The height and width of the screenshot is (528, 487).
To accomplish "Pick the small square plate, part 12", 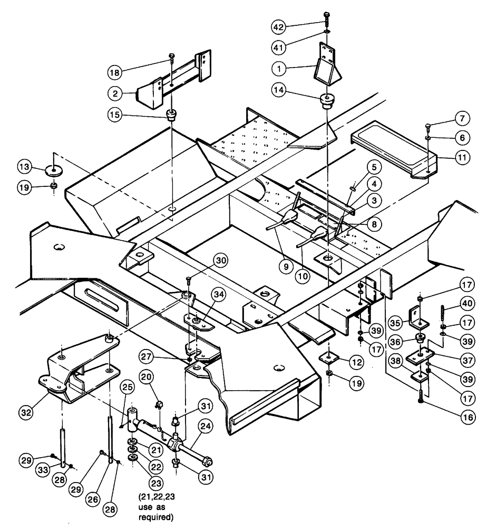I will (x=328, y=359).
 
